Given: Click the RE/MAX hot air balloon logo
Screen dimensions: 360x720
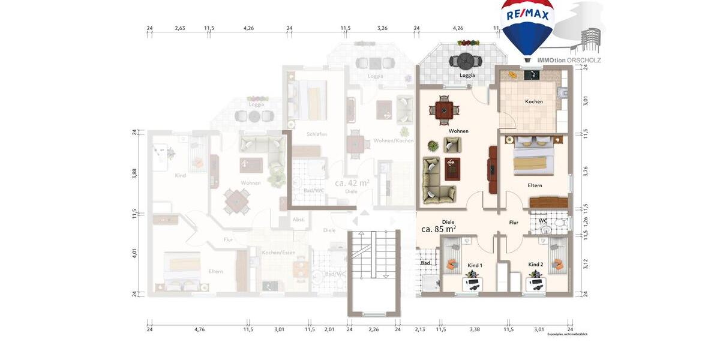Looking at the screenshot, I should tap(528, 27).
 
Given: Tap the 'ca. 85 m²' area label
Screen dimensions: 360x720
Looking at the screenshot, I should tap(438, 229).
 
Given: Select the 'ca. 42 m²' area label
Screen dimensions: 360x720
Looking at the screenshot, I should tap(352, 183).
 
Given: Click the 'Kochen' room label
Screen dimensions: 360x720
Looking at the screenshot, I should tap(533, 101).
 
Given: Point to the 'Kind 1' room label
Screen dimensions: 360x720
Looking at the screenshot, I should tap(475, 265).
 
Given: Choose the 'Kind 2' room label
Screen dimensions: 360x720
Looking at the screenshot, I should tap(535, 265).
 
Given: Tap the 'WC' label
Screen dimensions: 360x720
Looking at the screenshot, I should tap(543, 220).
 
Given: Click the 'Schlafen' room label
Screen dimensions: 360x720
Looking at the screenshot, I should tap(316, 134).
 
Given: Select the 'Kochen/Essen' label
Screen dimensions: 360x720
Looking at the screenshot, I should tap(276, 253).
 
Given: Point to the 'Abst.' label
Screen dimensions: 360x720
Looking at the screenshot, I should tap(298, 220).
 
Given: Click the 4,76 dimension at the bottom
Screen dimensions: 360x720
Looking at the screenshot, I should tap(199, 329).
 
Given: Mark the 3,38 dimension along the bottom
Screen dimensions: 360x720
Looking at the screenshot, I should tap(475, 329).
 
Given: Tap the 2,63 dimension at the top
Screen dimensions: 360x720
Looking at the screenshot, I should tap(180, 28).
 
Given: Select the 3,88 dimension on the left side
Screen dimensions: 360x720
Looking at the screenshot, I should tap(134, 173).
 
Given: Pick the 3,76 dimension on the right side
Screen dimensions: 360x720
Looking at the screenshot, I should tap(586, 170).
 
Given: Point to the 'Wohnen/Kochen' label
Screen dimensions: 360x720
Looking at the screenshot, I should tap(394, 140).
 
